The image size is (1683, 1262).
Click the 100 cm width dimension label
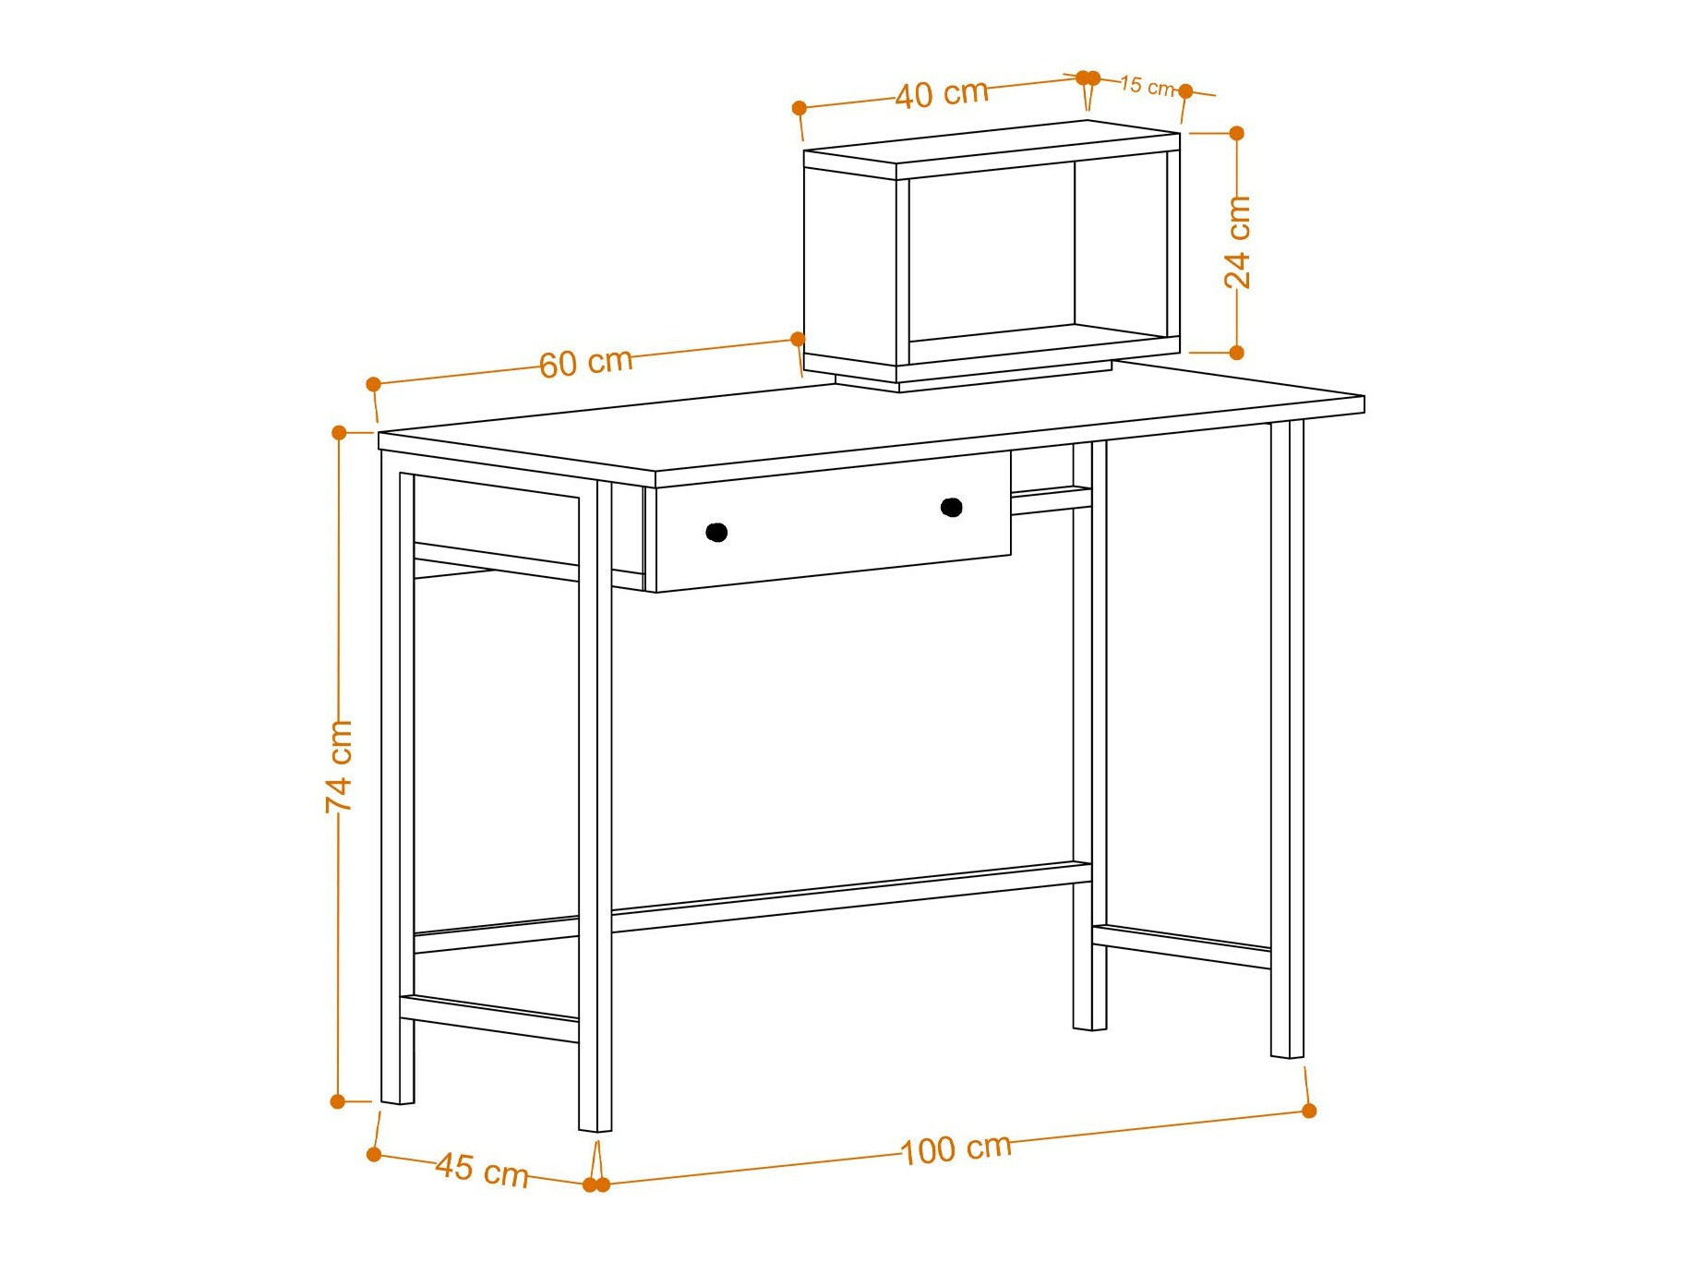click(956, 1149)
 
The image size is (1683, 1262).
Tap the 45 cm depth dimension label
click(482, 1169)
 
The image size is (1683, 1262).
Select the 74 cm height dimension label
click(339, 766)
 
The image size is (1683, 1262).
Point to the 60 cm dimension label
click(586, 363)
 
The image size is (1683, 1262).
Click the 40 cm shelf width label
click(942, 93)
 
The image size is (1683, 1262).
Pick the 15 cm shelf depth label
click(1147, 86)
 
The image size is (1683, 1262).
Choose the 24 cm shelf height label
click(1237, 242)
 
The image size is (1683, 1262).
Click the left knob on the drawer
click(716, 532)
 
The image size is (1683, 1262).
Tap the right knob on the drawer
click(952, 507)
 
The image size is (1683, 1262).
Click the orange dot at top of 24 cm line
click(1237, 133)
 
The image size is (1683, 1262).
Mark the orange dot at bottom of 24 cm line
click(1237, 352)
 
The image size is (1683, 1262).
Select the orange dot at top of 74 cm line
click(339, 432)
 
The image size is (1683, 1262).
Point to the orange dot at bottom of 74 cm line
click(338, 1101)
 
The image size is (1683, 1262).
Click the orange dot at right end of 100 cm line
click(1309, 1111)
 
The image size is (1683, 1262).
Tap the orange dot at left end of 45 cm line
click(374, 1154)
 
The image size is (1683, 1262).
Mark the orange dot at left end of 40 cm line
click(799, 108)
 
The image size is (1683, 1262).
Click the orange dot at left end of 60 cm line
click(373, 384)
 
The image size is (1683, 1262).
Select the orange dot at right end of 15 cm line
click(1186, 91)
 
